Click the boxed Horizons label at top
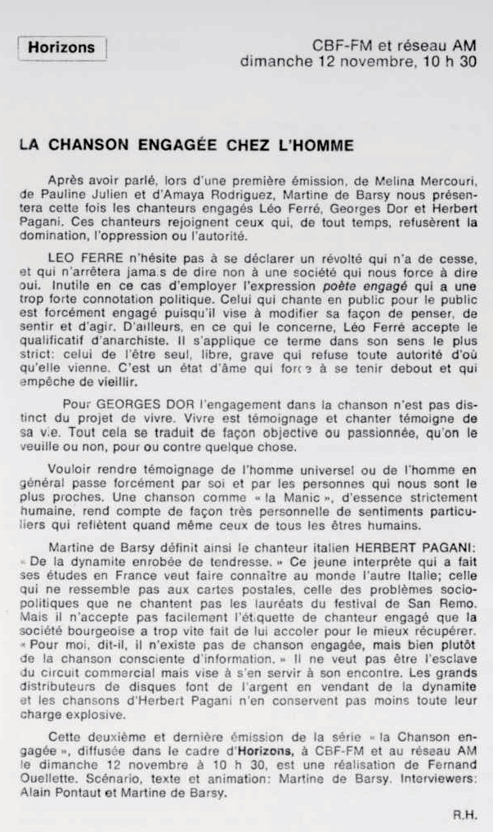pos(61,47)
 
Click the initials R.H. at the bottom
pos(463,815)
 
